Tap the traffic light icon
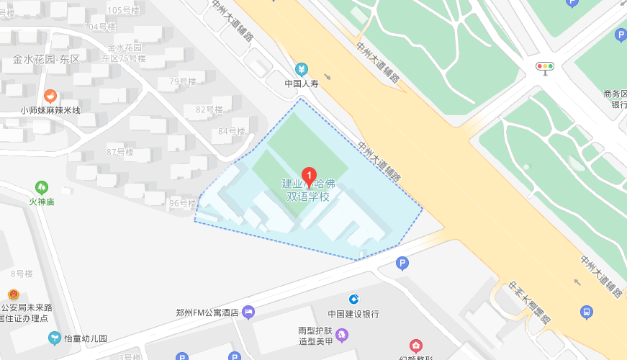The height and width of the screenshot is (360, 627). click(x=545, y=67)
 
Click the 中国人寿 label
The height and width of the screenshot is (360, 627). click(x=302, y=84)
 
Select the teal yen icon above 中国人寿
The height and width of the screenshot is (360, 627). click(x=302, y=69)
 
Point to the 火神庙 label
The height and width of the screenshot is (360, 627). click(x=42, y=202)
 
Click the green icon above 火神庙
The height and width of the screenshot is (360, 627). click(x=42, y=187)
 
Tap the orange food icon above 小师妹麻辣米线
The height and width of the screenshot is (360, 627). click(x=50, y=95)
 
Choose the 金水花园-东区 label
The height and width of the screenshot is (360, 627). click(x=46, y=59)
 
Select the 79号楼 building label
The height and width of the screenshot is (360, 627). click(x=183, y=82)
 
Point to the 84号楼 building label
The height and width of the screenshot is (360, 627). click(x=232, y=131)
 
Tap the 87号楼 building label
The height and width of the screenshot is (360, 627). click(x=120, y=152)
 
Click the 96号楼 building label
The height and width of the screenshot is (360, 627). click(x=183, y=203)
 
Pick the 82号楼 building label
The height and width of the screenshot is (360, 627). click(x=209, y=109)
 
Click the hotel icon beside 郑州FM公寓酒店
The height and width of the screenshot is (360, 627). click(x=249, y=312)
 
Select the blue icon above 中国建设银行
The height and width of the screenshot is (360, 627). click(x=353, y=299)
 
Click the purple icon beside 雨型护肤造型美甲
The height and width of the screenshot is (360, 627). click(x=342, y=335)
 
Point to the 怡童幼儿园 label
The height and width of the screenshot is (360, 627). click(x=86, y=338)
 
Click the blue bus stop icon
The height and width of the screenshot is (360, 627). click(x=587, y=312)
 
